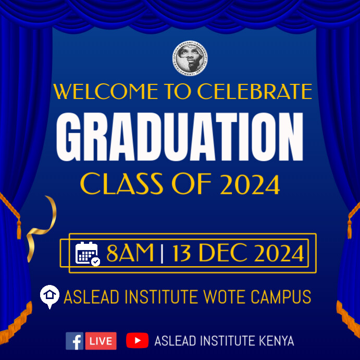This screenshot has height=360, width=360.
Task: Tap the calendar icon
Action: click(x=88, y=254)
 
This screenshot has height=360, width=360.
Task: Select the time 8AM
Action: click(x=130, y=254)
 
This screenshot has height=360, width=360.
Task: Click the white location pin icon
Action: click(x=49, y=296)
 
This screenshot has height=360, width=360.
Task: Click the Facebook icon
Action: click(x=75, y=341)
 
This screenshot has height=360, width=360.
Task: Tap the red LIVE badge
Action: click(x=101, y=341)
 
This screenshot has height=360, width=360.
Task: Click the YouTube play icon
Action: click(x=138, y=341)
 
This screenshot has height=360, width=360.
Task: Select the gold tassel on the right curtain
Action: click(x=350, y=227)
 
